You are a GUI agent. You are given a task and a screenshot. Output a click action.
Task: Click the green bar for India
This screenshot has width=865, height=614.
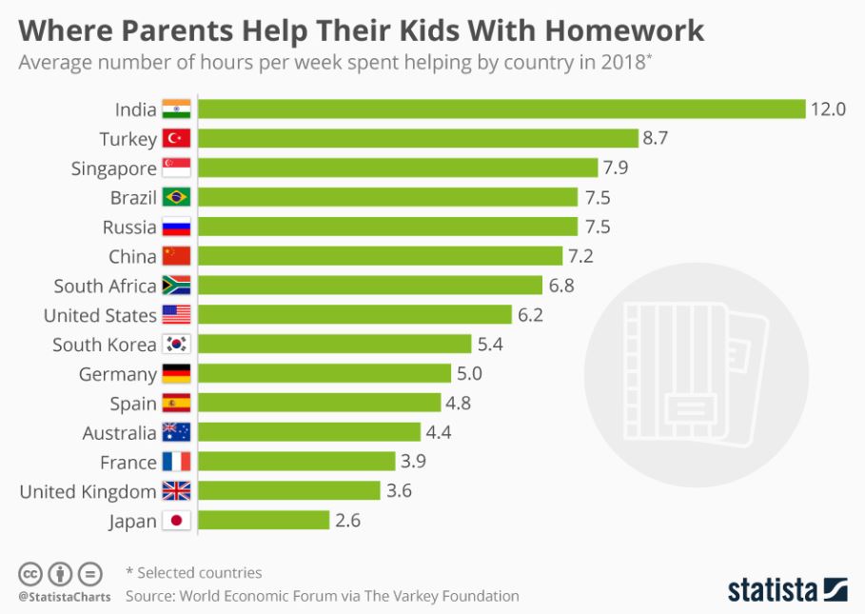tap(501, 109)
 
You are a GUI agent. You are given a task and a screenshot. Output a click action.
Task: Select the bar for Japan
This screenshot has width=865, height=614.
tap(263, 521)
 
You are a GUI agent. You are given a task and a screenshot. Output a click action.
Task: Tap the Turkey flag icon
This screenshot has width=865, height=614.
tap(176, 139)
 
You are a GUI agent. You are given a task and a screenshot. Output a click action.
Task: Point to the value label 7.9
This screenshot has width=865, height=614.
tap(615, 168)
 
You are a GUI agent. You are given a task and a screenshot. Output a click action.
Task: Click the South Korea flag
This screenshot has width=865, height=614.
tap(176, 345)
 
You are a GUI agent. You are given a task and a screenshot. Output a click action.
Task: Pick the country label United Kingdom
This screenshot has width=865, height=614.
tap(88, 491)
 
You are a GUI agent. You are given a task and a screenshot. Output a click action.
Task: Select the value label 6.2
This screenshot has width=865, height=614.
tap(529, 315)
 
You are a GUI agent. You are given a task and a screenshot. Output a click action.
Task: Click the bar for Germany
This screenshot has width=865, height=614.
tap(324, 374)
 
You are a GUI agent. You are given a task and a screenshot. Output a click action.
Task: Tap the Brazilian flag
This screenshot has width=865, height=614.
tap(176, 198)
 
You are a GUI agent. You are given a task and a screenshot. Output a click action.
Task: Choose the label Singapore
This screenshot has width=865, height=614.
tap(113, 168)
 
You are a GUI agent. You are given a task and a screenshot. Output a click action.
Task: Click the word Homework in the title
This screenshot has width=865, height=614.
tap(624, 30)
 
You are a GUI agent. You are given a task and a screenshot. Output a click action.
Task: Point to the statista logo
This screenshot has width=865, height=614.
tap(787, 589)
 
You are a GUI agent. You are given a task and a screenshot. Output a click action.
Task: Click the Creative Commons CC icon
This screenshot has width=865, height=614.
tap(31, 574)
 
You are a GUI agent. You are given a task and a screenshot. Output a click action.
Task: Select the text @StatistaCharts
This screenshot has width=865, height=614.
tap(64, 597)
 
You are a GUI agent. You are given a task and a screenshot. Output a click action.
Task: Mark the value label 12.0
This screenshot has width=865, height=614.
tap(828, 109)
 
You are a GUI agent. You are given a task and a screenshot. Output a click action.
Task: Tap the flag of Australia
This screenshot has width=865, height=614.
tap(176, 433)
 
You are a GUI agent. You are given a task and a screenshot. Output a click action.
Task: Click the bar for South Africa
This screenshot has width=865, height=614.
tap(369, 286)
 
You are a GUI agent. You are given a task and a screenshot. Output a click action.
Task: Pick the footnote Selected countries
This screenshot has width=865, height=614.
tap(199, 573)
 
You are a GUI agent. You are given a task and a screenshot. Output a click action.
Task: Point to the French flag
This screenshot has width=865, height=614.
tap(176, 463)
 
